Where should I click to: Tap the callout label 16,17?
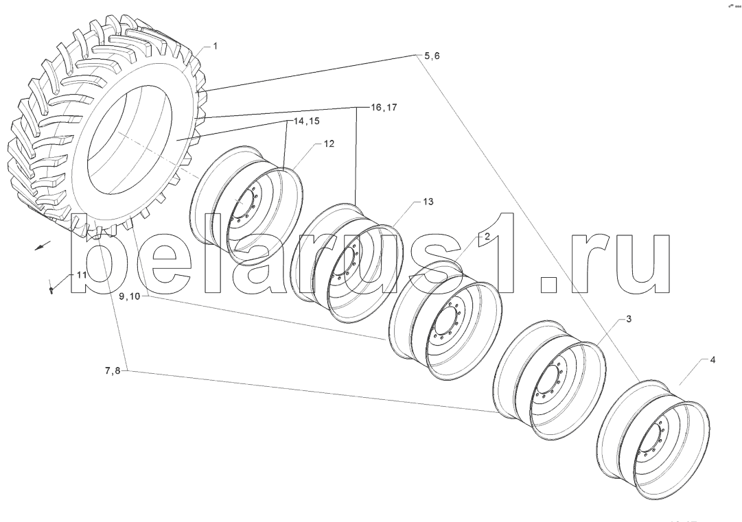click(384, 108)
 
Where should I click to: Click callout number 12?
click(329, 143)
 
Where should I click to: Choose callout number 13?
click(428, 202)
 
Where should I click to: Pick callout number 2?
click(486, 236)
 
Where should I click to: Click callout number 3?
click(629, 320)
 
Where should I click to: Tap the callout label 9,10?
click(129, 296)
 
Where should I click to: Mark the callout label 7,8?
click(113, 371)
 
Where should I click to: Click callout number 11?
click(81, 275)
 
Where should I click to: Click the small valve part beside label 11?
click(52, 289)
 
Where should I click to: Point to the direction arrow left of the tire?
click(43, 246)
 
